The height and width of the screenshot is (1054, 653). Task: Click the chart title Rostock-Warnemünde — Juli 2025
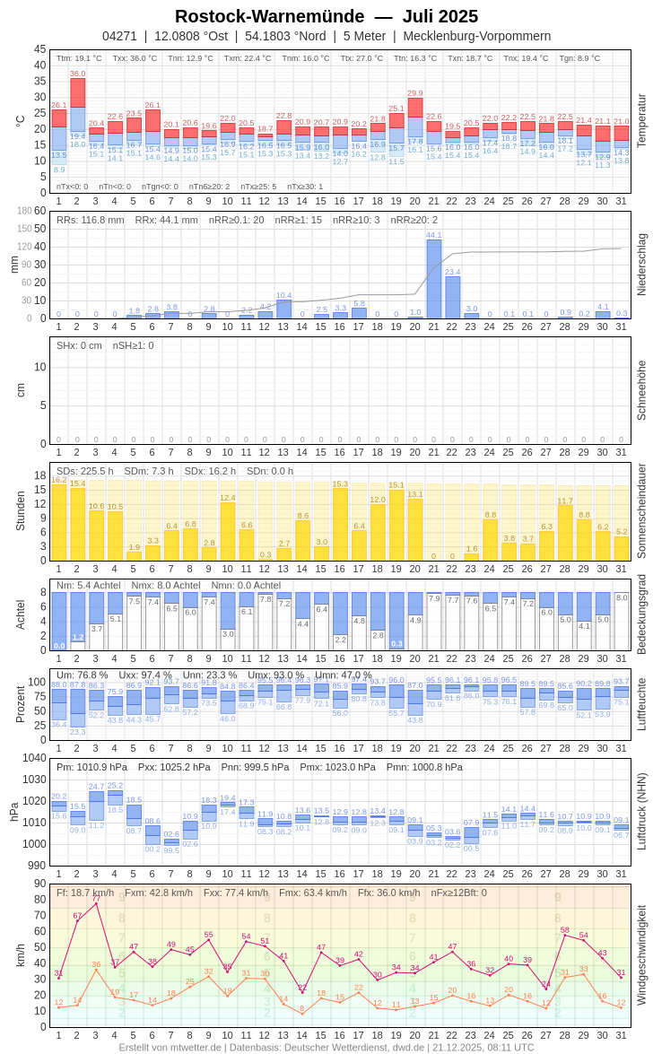pos(326,16)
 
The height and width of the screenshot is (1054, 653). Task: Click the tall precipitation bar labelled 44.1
pos(434,279)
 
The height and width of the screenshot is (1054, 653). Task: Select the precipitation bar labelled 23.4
pos(453,297)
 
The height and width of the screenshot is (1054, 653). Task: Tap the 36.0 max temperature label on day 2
pos(78,74)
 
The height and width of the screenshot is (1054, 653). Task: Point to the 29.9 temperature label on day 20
pos(415,93)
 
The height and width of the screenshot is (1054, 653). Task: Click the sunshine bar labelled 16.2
pos(59,522)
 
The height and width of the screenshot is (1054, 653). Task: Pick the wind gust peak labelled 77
pos(96,898)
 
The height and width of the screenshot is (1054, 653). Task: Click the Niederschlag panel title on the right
pos(641,265)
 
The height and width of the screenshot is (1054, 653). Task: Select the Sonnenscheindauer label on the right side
pos(641,510)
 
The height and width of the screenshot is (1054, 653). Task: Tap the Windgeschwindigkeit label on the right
pos(641,954)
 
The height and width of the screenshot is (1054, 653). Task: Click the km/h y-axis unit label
pos(20,954)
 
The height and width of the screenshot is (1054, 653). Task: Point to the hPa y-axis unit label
pos(13,811)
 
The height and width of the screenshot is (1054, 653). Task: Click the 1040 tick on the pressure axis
pos(34,758)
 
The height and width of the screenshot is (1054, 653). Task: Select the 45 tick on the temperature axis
pos(39,49)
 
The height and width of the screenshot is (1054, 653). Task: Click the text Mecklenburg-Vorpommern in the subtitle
pos(477,36)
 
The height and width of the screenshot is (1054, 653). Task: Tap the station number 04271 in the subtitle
pos(119,36)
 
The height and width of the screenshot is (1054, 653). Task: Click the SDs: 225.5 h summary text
pos(85,471)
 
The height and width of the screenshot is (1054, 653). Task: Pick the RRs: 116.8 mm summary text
pos(91,220)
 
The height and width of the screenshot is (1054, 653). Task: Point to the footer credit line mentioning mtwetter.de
pos(326,1047)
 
